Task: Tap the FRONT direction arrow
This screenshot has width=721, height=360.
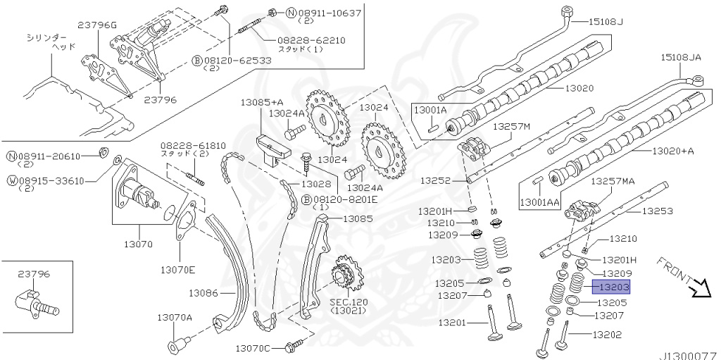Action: (701, 287)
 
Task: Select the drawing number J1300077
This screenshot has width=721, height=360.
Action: (687, 354)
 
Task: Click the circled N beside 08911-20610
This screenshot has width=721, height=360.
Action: (11, 156)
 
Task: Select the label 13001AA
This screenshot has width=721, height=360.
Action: (539, 202)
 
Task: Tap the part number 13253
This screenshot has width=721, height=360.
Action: (658, 210)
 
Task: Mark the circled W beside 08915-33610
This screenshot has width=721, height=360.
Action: (11, 180)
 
